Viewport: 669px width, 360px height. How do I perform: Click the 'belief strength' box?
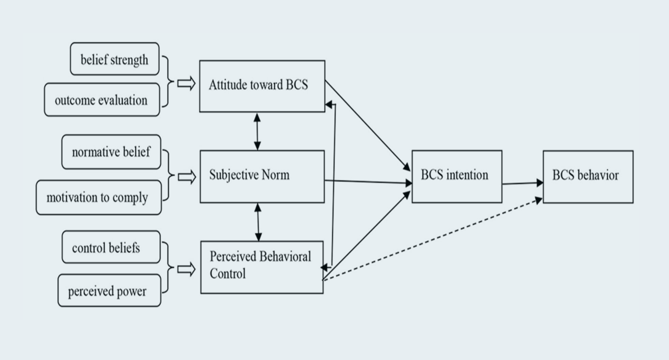[x=114, y=59]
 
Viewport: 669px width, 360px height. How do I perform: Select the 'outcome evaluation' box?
[x=102, y=100]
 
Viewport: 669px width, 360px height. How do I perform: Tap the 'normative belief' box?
[x=111, y=152]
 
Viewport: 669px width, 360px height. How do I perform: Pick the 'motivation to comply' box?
[x=98, y=197]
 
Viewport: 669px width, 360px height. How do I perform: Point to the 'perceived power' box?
[x=108, y=291]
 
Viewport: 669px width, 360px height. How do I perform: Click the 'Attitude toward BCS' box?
[x=261, y=86]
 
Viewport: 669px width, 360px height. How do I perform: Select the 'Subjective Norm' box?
[x=261, y=176]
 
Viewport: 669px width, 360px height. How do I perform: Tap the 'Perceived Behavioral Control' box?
[x=261, y=267]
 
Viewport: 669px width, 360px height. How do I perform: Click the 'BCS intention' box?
[x=457, y=176]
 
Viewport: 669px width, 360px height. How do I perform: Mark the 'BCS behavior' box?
[x=588, y=176]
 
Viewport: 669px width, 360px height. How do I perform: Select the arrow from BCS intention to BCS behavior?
[x=522, y=183]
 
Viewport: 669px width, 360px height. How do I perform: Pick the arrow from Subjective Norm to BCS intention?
[x=368, y=181]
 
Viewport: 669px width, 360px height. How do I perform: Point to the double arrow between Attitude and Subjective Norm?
[x=257, y=131]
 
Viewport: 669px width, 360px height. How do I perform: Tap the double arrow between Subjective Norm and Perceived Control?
[x=258, y=222]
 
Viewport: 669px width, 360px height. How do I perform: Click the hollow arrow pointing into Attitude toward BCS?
[x=186, y=84]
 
